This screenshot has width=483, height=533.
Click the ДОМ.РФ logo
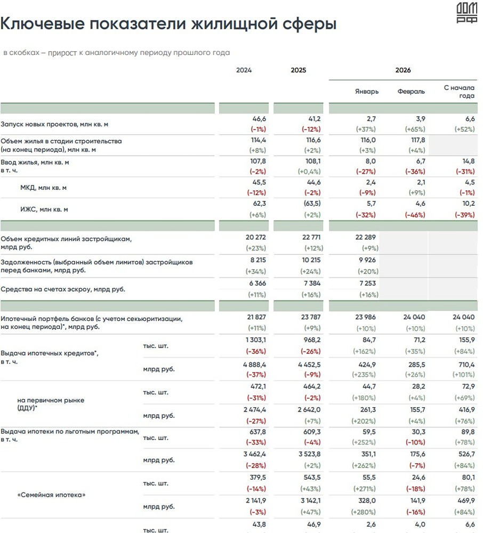coord(467,13)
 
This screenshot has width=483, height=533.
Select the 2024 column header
coord(244,70)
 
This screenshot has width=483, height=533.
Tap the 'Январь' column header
coord(367,91)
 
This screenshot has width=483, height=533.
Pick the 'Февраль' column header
coord(411,91)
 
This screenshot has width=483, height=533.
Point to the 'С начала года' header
coord(459,91)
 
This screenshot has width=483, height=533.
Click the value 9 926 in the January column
coord(366,261)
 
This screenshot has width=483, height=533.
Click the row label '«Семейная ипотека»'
coord(52,495)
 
